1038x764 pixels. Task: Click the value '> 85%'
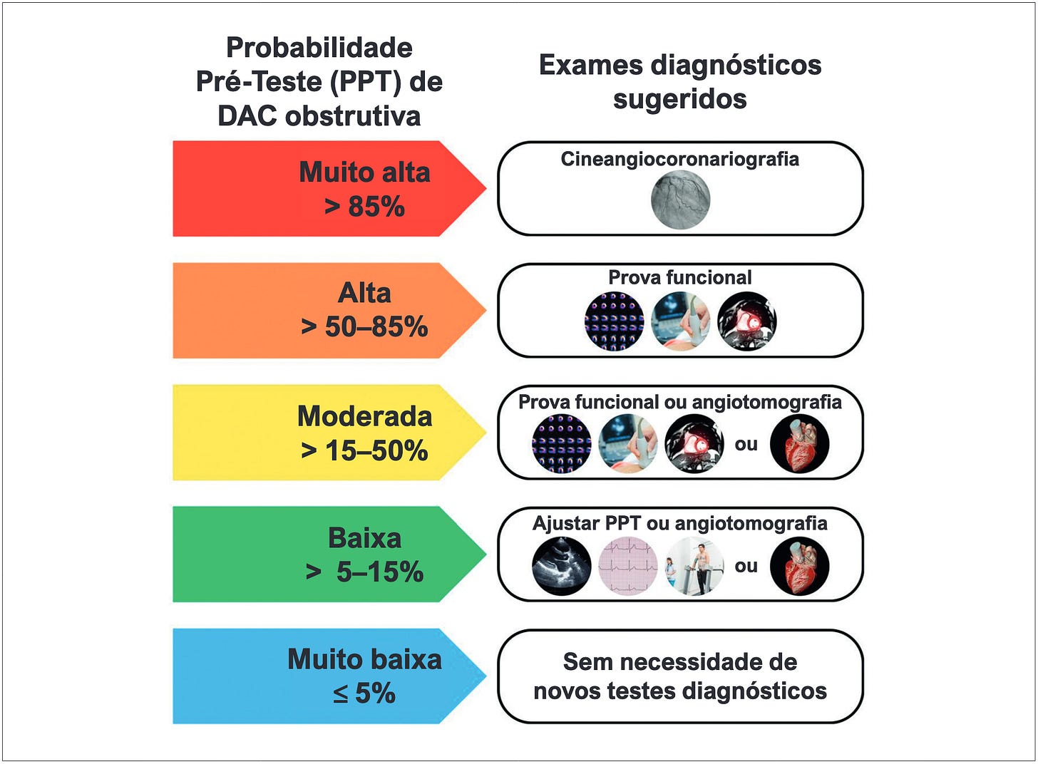coord(364,207)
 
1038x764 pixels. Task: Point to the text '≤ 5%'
coord(364,693)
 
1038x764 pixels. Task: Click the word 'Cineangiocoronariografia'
coord(679,159)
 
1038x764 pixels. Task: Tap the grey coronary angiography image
coord(680,200)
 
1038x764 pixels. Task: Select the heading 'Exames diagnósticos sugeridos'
coord(679,81)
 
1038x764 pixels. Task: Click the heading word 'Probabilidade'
coord(319,48)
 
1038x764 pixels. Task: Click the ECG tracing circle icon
coord(628,566)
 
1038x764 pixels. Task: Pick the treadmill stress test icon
coord(695,566)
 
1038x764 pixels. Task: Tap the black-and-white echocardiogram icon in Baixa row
coord(562,566)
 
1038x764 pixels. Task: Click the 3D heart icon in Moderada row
coord(800,444)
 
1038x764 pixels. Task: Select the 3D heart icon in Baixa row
coord(800,566)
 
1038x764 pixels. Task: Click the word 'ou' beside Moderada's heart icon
coord(746,445)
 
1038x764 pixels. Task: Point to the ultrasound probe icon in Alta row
coord(680,321)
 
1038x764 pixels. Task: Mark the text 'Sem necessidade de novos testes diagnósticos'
coord(679,676)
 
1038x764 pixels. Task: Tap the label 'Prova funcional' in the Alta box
coord(679,277)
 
